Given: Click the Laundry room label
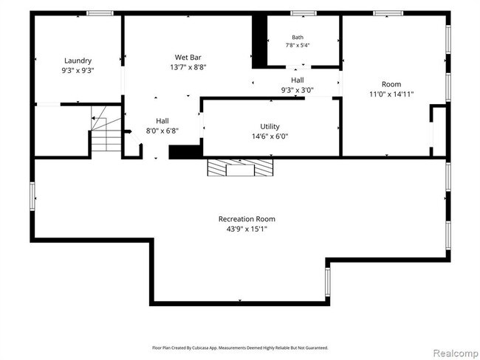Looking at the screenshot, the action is [x=78, y=61].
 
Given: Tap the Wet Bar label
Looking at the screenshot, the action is [x=188, y=58].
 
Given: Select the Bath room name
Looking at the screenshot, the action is [x=298, y=38].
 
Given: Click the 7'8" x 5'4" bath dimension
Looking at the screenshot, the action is [x=298, y=45].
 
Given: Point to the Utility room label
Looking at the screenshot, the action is [x=270, y=127].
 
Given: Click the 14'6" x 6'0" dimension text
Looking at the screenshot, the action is [x=270, y=136].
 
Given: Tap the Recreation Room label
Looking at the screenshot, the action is [x=247, y=219].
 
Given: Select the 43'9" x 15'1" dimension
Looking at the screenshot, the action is [x=247, y=229].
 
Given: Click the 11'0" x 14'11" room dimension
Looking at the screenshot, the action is [x=391, y=94].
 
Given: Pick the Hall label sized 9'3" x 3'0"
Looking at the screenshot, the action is [x=298, y=80].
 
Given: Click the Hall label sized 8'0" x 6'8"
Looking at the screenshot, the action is [x=162, y=121].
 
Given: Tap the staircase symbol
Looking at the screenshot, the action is [x=106, y=128].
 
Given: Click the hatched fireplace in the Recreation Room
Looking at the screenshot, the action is [x=240, y=167].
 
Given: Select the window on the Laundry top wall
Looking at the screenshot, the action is [x=100, y=13].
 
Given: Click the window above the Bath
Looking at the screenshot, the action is [x=304, y=13].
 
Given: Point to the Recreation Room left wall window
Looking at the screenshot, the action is [x=32, y=196].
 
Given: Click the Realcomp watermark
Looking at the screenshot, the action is [x=456, y=353].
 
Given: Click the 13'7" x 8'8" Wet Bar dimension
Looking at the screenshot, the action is [x=188, y=67].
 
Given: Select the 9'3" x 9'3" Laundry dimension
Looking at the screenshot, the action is [x=78, y=71].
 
